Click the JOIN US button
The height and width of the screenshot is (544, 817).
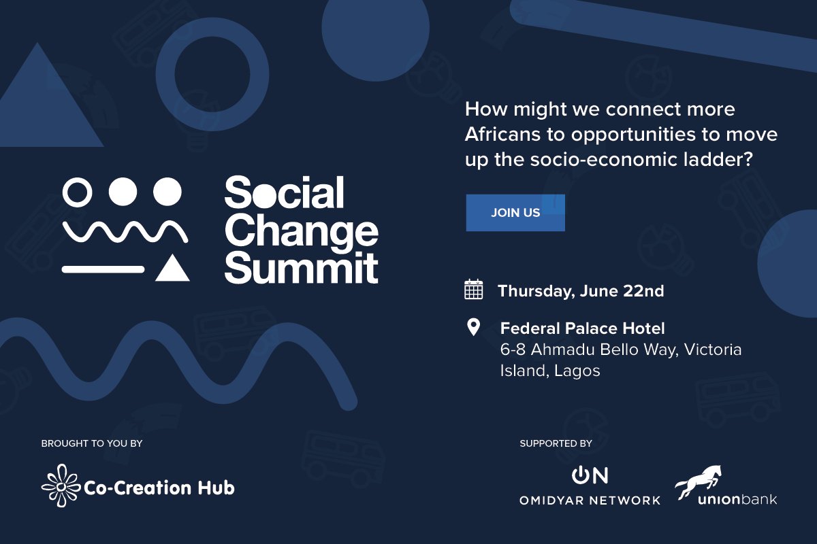[x=515, y=213]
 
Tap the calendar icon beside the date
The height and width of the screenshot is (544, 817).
[x=473, y=290]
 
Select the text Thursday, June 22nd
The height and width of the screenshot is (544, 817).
[x=580, y=291]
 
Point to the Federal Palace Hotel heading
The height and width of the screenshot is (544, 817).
[x=582, y=329]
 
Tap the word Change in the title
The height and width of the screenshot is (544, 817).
[x=301, y=231]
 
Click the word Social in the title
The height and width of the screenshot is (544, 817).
[x=284, y=194]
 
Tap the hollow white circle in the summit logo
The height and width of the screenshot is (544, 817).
[x=77, y=191]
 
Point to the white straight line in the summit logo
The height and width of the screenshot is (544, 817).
[x=103, y=269]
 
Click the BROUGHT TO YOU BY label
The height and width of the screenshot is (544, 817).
[x=91, y=444]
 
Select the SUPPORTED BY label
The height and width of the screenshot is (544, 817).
[x=556, y=444]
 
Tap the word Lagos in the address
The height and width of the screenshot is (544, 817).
[x=577, y=371]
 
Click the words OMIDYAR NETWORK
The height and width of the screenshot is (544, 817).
[x=590, y=500]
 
